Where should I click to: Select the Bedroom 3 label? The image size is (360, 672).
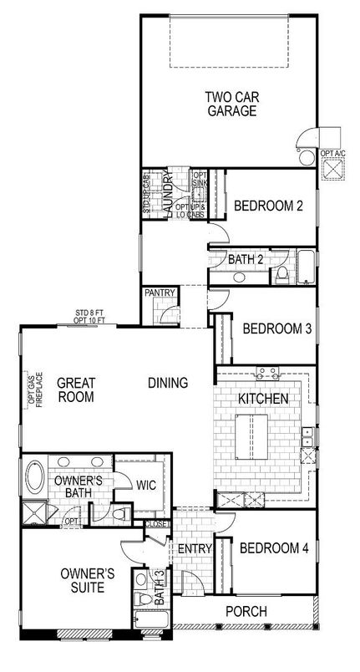coord(276,328)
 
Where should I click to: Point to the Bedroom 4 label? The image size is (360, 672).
coord(274,548)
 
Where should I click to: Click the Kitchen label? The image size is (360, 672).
coord(263,399)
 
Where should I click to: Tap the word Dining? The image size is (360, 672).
coord(167,382)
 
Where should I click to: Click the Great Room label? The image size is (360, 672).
coord(76,390)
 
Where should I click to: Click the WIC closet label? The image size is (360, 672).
coord(145,484)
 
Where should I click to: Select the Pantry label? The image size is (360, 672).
coord(158,293)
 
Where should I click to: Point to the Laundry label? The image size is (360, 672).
coord(168,195)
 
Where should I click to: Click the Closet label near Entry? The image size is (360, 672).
coord(157,524)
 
